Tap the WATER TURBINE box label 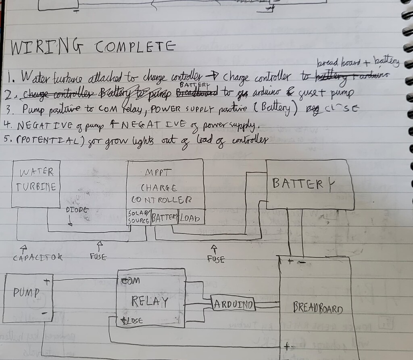pos(37,180)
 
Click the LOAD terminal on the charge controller pos(191,217)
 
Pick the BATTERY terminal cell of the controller pos(165,217)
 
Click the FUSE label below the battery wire pos(216,259)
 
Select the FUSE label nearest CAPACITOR pos(98,256)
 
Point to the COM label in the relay pos(130,280)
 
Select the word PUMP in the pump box pos(26,292)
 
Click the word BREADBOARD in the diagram pos(318,310)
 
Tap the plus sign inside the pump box pos(47,282)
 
